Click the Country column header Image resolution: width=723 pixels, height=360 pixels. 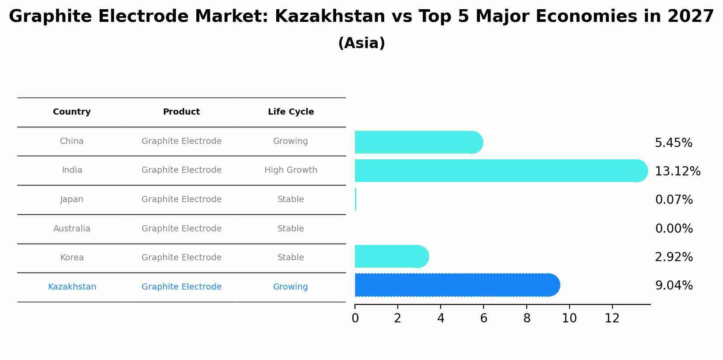tap(72, 112)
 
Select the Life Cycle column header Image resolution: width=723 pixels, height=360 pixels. tap(291, 112)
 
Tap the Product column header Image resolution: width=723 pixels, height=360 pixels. tap(181, 112)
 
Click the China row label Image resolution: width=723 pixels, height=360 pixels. tap(72, 141)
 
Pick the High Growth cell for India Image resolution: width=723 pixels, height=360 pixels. tap(291, 170)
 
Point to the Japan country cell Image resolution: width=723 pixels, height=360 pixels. tap(72, 199)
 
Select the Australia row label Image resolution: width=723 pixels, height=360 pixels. tap(72, 229)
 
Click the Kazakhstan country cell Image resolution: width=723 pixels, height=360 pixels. tap(72, 287)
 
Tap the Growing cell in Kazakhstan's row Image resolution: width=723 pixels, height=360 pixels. tap(291, 287)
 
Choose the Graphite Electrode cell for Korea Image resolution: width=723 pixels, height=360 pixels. tap(181, 258)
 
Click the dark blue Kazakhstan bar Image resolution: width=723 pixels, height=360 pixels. tap(455, 285)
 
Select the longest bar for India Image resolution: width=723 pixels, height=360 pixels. tap(498, 171)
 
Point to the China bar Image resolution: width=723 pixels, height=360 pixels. tap(415, 142)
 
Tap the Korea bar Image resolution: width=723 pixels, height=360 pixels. tap(389, 256)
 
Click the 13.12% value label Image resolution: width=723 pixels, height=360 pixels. tap(678, 171)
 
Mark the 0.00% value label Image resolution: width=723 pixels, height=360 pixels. tap(674, 229)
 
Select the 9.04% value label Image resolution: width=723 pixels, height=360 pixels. tap(674, 286)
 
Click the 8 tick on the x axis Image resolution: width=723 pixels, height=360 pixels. tap(527, 318)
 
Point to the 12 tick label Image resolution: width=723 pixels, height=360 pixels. tap(612, 318)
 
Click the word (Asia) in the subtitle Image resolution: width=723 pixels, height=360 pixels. tap(361, 43)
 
